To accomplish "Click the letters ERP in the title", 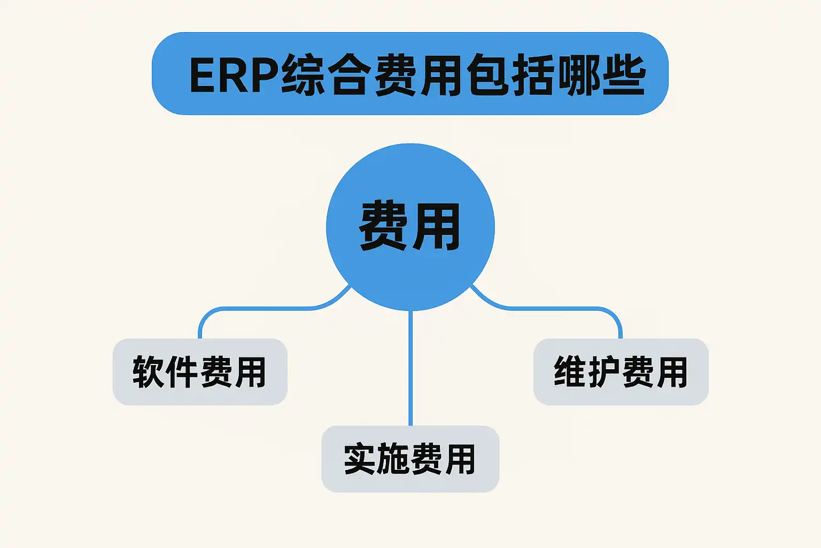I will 234,75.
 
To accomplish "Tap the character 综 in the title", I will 303,75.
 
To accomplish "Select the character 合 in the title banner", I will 348,75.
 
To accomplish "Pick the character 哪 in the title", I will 578,75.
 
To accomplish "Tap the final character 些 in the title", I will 624,75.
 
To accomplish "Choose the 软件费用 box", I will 200,372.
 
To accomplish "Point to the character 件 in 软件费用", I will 182,372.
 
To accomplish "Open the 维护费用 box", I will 621,372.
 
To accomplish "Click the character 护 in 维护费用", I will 603,372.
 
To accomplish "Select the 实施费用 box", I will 410,459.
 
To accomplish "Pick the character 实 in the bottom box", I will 359,459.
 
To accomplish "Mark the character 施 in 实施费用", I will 393,459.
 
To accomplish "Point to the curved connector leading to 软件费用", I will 257,308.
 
